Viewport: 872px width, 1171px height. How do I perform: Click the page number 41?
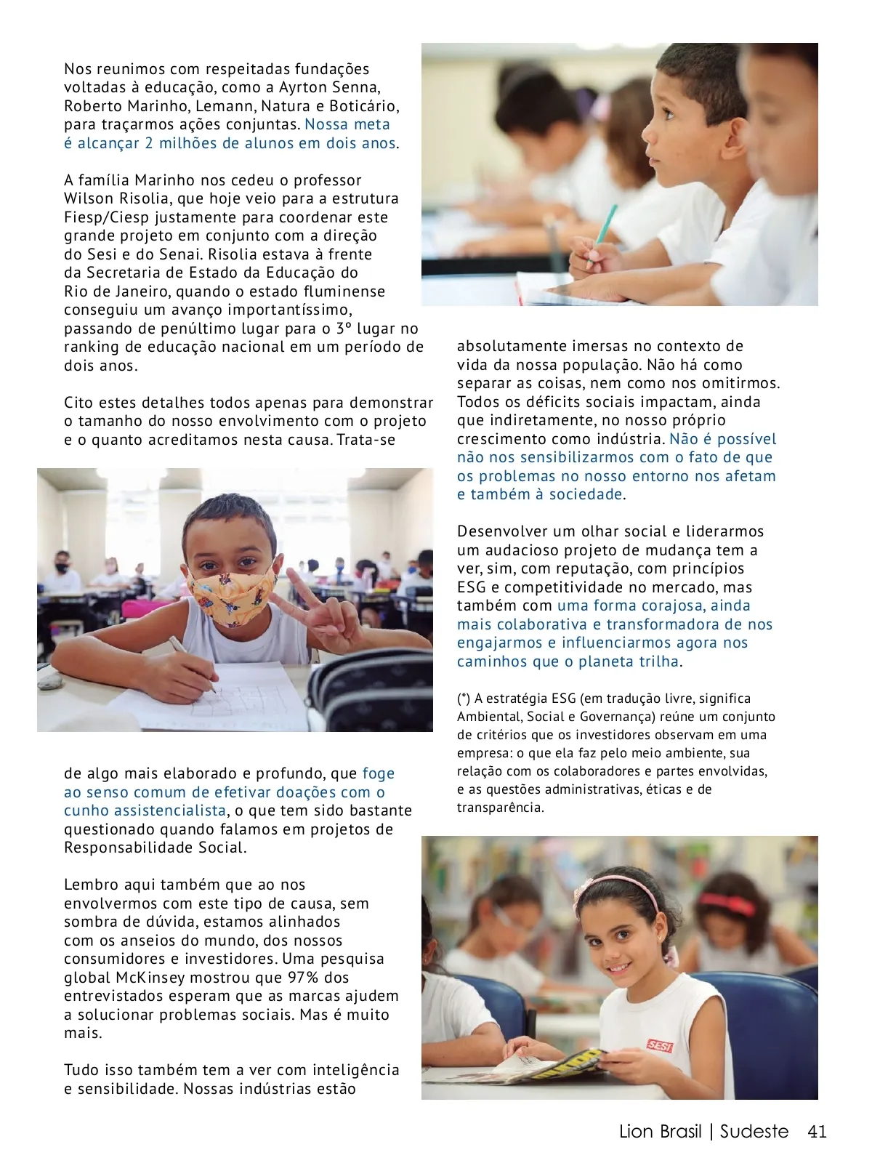(x=817, y=1132)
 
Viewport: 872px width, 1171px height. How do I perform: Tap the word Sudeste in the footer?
(x=754, y=1132)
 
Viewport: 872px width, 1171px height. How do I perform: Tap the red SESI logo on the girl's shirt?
(x=659, y=1046)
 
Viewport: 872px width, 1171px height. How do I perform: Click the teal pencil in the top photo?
(x=606, y=225)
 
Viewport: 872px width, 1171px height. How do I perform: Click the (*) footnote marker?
(x=464, y=699)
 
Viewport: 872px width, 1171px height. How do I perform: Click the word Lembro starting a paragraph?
(x=90, y=885)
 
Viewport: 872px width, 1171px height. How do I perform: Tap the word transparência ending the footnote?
(x=500, y=808)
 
